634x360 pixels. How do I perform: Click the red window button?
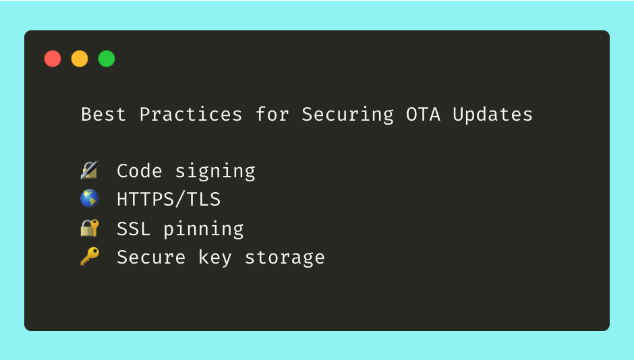53,59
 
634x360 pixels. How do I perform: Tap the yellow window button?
80,59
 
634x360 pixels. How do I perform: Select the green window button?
107,59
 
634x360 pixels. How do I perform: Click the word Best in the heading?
104,115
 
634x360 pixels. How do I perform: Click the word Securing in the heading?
347,115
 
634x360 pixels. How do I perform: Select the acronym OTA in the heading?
423,115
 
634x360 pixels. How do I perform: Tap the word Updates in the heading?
492,115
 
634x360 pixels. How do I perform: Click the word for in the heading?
272,115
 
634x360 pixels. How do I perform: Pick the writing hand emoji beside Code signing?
89,171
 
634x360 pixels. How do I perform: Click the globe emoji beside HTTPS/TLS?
89,199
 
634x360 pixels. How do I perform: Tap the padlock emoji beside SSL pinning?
89,228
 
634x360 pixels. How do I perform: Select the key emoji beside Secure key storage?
89,257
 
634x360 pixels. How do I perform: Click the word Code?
140,171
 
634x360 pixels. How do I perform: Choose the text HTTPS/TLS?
169,200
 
